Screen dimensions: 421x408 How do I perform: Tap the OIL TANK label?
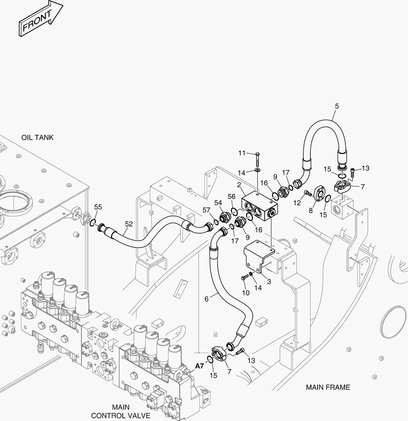coord(37,138)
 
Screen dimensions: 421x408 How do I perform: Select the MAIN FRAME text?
coord(328,387)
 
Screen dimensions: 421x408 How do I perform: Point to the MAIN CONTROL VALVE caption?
coord(121,411)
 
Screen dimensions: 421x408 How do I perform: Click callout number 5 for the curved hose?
coord(337,106)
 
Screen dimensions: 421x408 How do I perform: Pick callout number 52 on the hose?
coord(129,224)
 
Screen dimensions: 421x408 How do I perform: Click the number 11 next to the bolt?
coord(242,153)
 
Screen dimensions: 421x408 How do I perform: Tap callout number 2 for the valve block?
coord(239,184)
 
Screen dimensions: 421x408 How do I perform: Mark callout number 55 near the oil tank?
coord(98,207)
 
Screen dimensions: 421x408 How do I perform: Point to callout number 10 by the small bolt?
coord(245,292)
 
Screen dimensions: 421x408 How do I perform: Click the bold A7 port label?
coord(200,366)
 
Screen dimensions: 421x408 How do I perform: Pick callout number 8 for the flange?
coord(311,210)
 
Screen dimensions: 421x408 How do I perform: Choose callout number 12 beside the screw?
coord(297,202)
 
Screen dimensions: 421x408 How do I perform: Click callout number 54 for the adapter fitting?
coord(218,203)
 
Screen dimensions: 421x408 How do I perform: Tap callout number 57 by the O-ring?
coord(206,210)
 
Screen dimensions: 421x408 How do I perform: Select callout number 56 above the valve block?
coord(232,196)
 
